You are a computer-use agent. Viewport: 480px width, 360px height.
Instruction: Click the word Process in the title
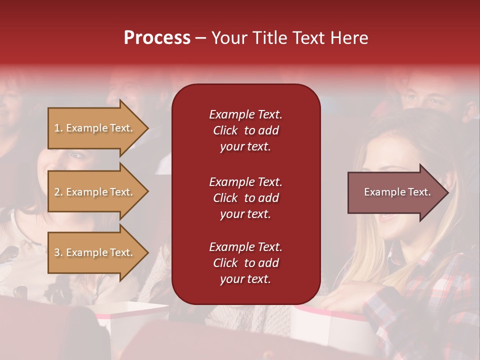[157, 38]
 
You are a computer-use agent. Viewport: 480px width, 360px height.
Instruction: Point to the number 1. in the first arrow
[58, 128]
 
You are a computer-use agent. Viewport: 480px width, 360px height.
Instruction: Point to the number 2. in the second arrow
[58, 192]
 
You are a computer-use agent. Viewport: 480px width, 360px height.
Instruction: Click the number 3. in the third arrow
[58, 252]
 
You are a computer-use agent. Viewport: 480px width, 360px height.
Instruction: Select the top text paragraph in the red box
[245, 130]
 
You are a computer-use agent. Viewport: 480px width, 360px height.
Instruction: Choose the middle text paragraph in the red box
[245, 198]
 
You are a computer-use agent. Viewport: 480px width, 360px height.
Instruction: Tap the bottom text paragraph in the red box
[245, 263]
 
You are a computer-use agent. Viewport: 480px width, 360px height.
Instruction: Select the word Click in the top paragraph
[225, 130]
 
